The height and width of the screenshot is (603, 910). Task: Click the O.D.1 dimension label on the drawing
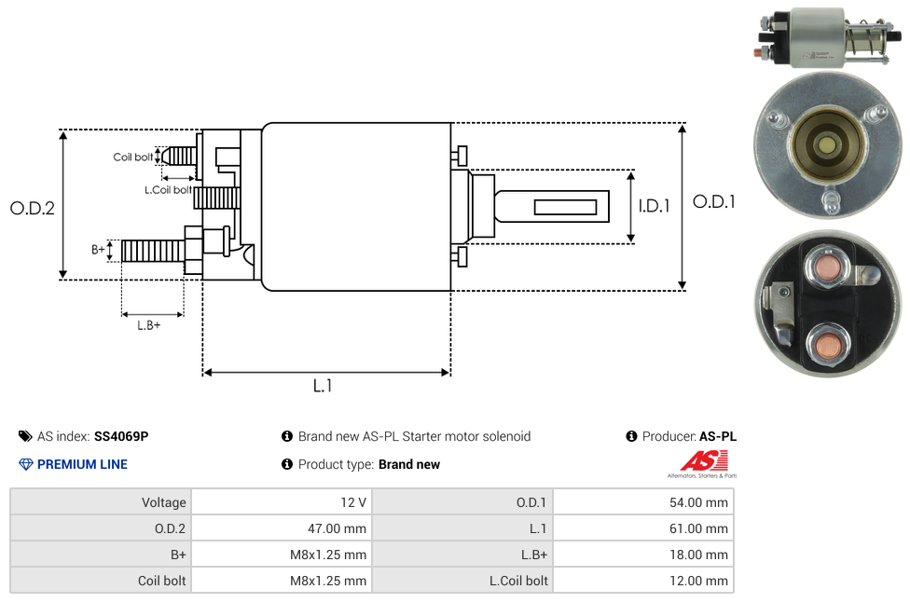714,201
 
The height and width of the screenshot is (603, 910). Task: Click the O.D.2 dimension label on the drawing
33,208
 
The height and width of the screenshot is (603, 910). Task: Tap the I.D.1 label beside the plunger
654,206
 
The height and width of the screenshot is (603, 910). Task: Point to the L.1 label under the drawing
323,385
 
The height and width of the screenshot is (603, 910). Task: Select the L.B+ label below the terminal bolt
149,325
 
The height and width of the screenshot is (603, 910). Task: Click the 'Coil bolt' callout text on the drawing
133,157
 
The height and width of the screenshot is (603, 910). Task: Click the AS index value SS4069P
121,436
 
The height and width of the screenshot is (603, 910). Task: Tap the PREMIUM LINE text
82,464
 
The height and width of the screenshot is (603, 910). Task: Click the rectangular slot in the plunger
566,206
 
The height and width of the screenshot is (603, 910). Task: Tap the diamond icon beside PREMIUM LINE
25,464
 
